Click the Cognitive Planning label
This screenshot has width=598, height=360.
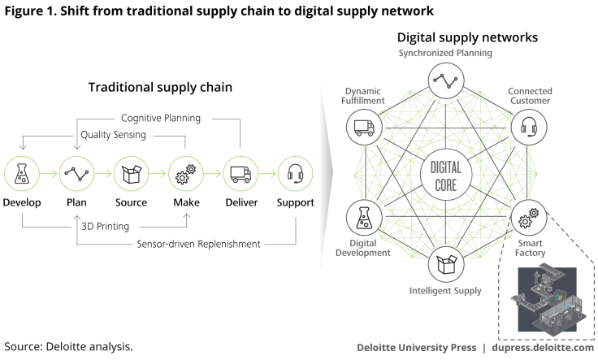pos(162,118)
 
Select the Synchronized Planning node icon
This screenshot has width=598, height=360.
pos(445,80)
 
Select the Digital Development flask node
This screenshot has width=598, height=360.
pos(364,218)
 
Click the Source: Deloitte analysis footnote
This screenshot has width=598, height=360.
pos(68,347)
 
